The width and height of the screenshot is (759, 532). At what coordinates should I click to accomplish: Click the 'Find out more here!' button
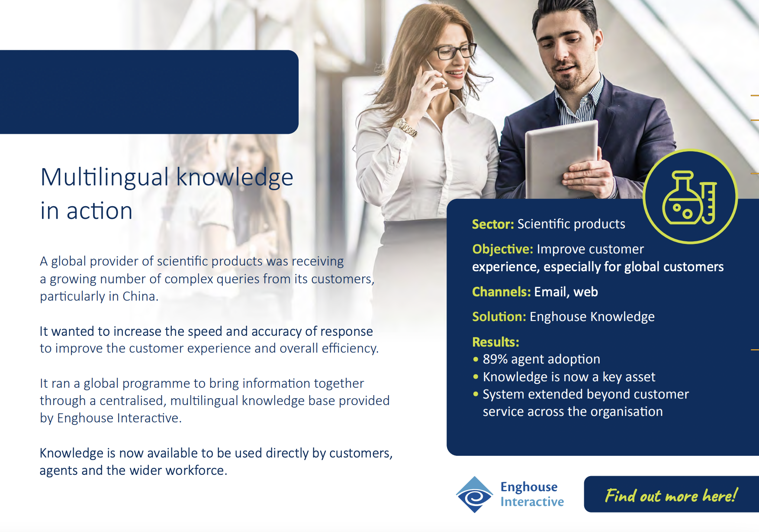(671, 494)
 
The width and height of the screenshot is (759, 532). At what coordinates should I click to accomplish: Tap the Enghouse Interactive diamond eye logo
(475, 494)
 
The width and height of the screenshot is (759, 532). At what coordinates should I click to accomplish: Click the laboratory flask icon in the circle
(689, 198)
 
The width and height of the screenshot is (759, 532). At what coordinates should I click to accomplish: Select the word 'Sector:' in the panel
(492, 224)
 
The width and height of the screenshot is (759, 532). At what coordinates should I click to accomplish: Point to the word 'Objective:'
(502, 249)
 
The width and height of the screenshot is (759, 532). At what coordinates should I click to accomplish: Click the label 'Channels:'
(501, 292)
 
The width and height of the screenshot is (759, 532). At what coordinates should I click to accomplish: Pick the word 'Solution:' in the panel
(499, 317)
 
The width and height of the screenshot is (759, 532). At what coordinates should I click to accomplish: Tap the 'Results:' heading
(495, 342)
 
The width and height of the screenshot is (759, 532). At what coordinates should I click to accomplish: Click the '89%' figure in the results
(495, 359)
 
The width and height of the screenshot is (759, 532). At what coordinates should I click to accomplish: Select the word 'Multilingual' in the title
(104, 177)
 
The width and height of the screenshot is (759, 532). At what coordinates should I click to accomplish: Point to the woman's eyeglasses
(454, 51)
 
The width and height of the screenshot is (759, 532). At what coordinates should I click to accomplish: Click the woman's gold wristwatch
(406, 127)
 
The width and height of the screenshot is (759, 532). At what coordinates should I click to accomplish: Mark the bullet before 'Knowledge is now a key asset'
(476, 377)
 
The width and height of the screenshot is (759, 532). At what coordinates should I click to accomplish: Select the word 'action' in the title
(99, 211)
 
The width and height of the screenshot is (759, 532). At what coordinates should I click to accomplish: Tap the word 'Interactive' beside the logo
(532, 502)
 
